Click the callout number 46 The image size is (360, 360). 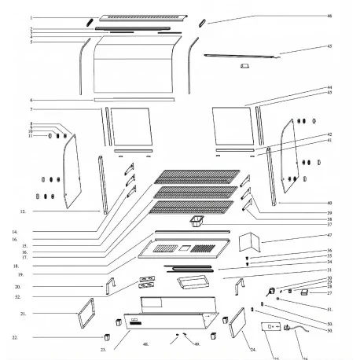[329, 16]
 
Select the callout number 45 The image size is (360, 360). [329, 46]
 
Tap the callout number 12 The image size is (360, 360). [23, 211]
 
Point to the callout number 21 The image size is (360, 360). [23, 313]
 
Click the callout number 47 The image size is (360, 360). [329, 235]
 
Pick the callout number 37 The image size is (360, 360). [329, 224]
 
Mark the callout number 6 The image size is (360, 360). [31, 101]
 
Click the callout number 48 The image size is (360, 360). [146, 344]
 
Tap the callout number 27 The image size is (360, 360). [329, 293]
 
